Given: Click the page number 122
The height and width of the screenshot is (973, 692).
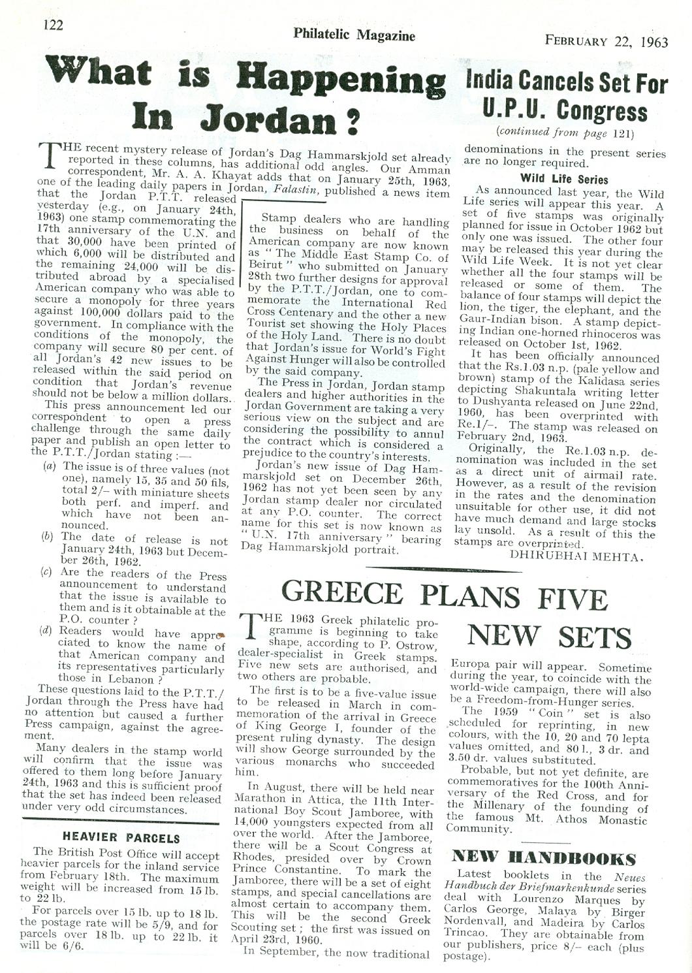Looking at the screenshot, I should [53, 25].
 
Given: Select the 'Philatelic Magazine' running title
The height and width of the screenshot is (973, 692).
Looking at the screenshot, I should [354, 35].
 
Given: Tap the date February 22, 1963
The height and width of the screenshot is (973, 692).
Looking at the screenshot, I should [606, 41].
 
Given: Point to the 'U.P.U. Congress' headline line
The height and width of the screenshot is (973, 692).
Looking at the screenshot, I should [565, 111].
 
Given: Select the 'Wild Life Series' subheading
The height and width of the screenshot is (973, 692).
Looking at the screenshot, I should [564, 179].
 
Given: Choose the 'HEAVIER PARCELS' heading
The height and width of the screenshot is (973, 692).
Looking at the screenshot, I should [121, 837].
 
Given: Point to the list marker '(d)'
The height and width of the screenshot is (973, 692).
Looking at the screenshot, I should [48, 631].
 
